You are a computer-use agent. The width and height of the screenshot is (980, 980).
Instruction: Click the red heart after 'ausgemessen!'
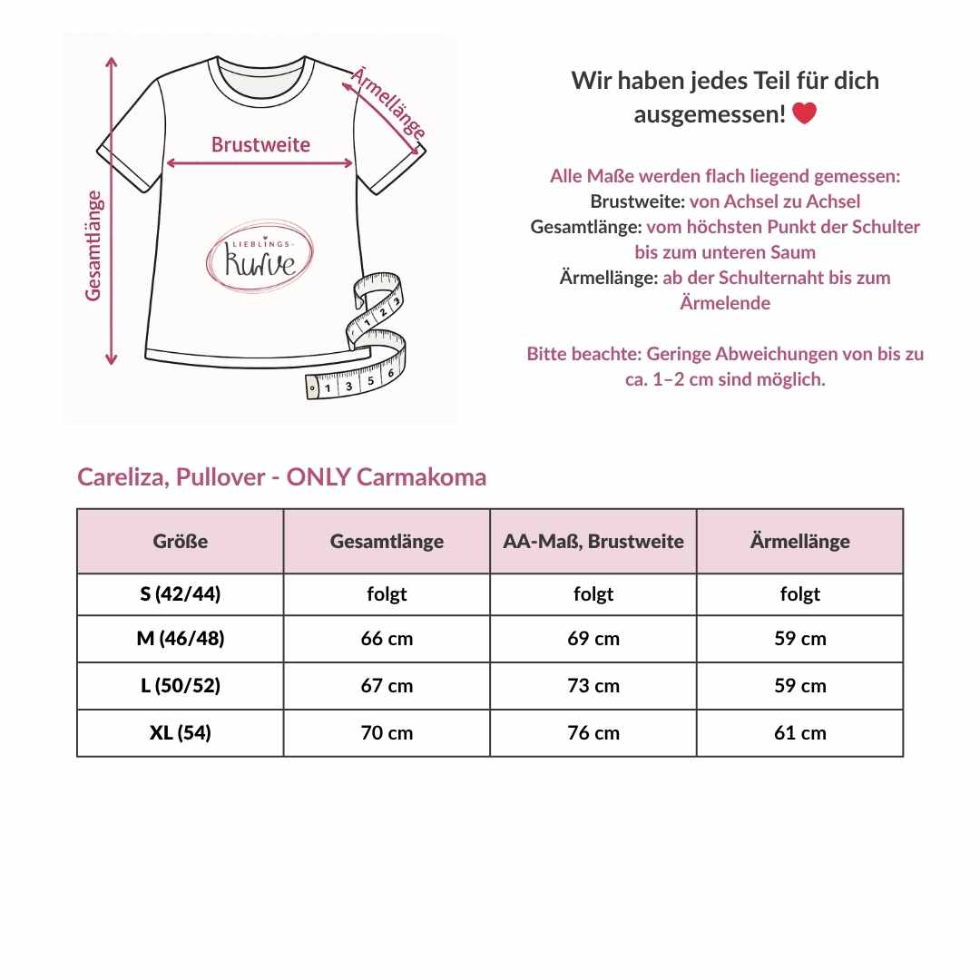[x=804, y=114]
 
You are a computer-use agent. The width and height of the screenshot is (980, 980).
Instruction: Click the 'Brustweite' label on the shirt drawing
[x=260, y=144]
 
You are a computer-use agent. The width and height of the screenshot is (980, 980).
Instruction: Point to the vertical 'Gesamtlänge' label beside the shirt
[x=93, y=245]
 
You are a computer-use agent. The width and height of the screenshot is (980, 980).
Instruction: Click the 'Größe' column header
[x=181, y=542]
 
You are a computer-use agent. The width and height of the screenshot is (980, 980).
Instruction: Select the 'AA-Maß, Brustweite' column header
[x=593, y=542]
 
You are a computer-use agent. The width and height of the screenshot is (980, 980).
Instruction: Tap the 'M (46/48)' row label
[x=181, y=639]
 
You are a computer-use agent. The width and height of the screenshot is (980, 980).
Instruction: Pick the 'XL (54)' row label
[x=181, y=733]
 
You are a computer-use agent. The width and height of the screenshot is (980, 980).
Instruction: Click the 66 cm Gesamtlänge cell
[x=387, y=639]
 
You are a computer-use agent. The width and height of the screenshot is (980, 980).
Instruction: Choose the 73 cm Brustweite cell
[x=593, y=686]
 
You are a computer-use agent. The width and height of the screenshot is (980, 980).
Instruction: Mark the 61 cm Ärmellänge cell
[x=800, y=733]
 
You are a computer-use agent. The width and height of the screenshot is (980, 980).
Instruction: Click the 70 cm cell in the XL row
[x=387, y=733]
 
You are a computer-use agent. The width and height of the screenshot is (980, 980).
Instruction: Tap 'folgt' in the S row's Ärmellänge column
[x=800, y=594]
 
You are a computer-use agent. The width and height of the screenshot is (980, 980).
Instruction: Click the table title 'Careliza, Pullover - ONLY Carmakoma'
[x=281, y=477]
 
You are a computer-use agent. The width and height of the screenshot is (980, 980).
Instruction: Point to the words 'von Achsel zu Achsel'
[x=775, y=201]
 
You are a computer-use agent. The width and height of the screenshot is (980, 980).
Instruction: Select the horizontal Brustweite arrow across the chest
[x=260, y=163]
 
